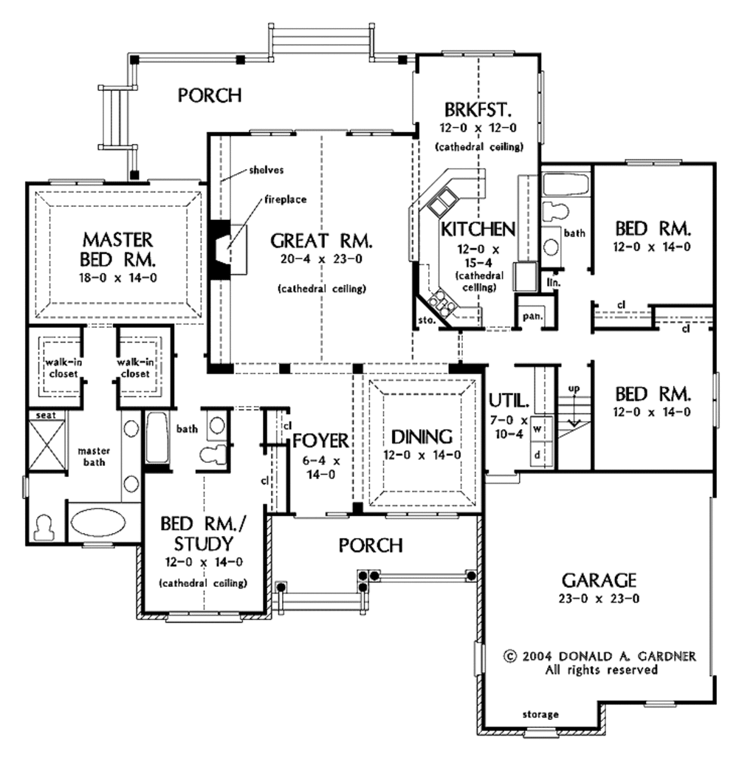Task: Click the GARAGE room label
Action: [599, 579]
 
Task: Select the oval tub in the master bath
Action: [97, 521]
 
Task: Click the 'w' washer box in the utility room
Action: [537, 427]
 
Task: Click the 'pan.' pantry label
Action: [532, 316]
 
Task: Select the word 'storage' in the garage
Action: [540, 714]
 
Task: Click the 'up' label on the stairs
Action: [573, 388]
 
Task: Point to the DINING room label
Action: [422, 436]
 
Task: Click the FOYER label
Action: [320, 441]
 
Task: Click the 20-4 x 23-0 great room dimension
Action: [320, 259]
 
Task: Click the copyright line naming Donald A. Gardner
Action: [599, 656]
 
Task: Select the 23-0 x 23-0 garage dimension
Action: [599, 599]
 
